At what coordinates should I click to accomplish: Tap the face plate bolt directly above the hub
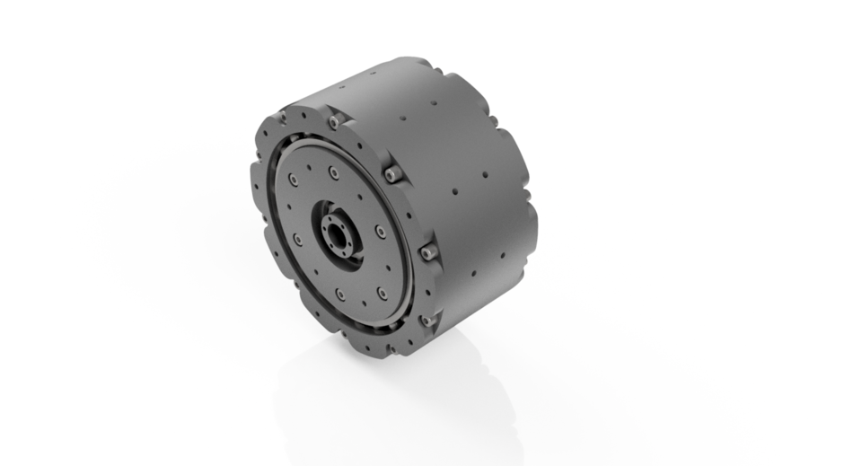[334, 171]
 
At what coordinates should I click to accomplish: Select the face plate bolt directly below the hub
[340, 294]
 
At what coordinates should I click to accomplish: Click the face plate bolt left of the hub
[296, 238]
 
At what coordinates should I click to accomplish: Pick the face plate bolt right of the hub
[381, 232]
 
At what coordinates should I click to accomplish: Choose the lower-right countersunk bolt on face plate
[382, 293]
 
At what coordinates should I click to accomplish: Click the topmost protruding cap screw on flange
[333, 121]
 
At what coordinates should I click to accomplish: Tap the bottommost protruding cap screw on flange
[427, 319]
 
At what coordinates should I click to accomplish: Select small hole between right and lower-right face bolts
[388, 264]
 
